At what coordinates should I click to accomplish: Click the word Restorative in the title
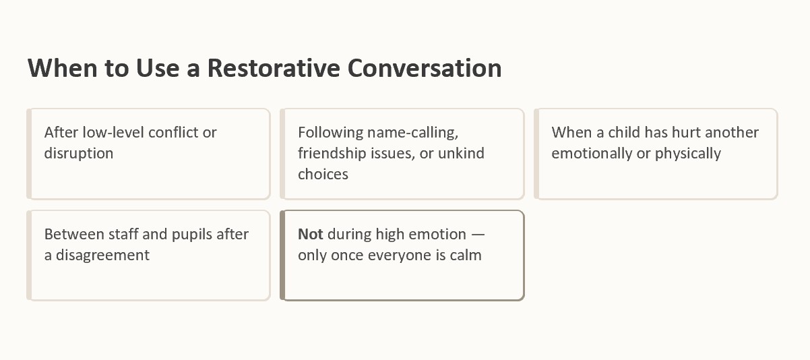point(274,68)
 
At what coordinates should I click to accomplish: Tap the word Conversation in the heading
point(425,68)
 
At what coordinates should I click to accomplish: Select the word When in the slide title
point(63,68)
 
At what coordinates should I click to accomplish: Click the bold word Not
point(310,234)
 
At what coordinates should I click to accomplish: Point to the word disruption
point(79,154)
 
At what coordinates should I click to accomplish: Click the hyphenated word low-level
point(113,132)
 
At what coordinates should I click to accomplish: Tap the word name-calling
point(412,133)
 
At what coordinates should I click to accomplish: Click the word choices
point(323,175)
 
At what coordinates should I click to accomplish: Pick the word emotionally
point(592,154)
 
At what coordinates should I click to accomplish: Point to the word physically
point(688,154)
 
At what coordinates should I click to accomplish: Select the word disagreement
point(102,255)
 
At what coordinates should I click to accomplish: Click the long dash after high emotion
point(478,235)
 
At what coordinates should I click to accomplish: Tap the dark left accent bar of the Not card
point(282,256)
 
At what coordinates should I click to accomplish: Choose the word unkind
point(461,154)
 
